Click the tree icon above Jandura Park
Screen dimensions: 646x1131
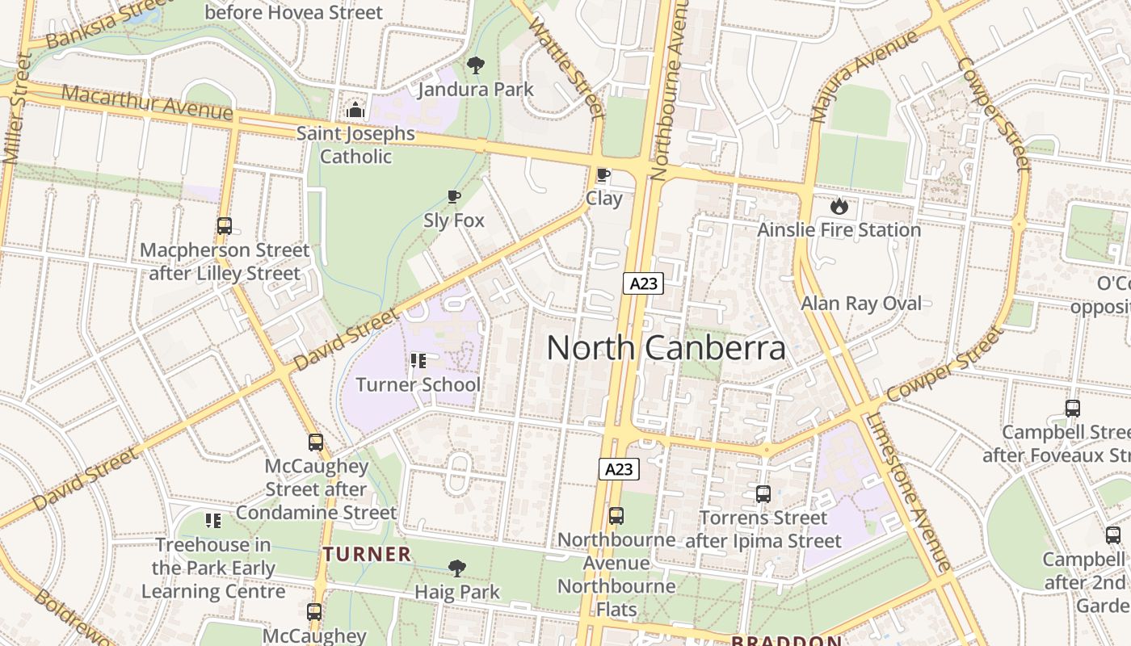pos(476,65)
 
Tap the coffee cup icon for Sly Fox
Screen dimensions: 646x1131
pos(454,197)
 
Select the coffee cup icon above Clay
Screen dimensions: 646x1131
pos(603,175)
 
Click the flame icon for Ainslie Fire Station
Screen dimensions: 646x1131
pos(839,207)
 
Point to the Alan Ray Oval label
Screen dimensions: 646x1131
pos(860,304)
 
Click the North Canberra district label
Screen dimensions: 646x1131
pos(666,348)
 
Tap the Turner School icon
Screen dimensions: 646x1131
pos(418,361)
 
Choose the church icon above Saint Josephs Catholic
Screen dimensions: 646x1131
pos(355,111)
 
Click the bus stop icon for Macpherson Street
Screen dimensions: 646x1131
pos(225,227)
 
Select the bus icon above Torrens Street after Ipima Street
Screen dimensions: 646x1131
pos(763,494)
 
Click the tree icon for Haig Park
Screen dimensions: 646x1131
pos(457,568)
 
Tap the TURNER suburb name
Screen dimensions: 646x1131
pos(368,555)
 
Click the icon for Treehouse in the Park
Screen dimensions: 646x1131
pos(213,521)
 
